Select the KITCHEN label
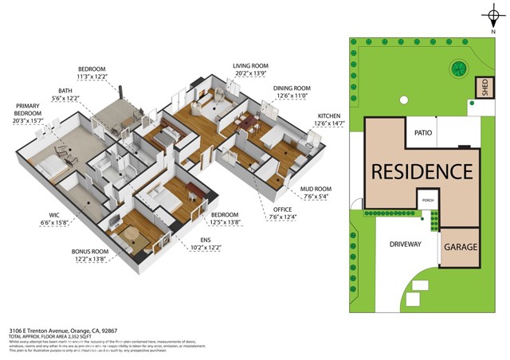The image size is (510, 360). coord(328,115)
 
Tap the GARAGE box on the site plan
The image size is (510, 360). coord(461,248)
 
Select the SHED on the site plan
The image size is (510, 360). coord(481,88)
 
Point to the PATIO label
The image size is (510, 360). coord(423,133)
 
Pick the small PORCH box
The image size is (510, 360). coord(427,200)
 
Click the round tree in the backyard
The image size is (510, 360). coord(458,68)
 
